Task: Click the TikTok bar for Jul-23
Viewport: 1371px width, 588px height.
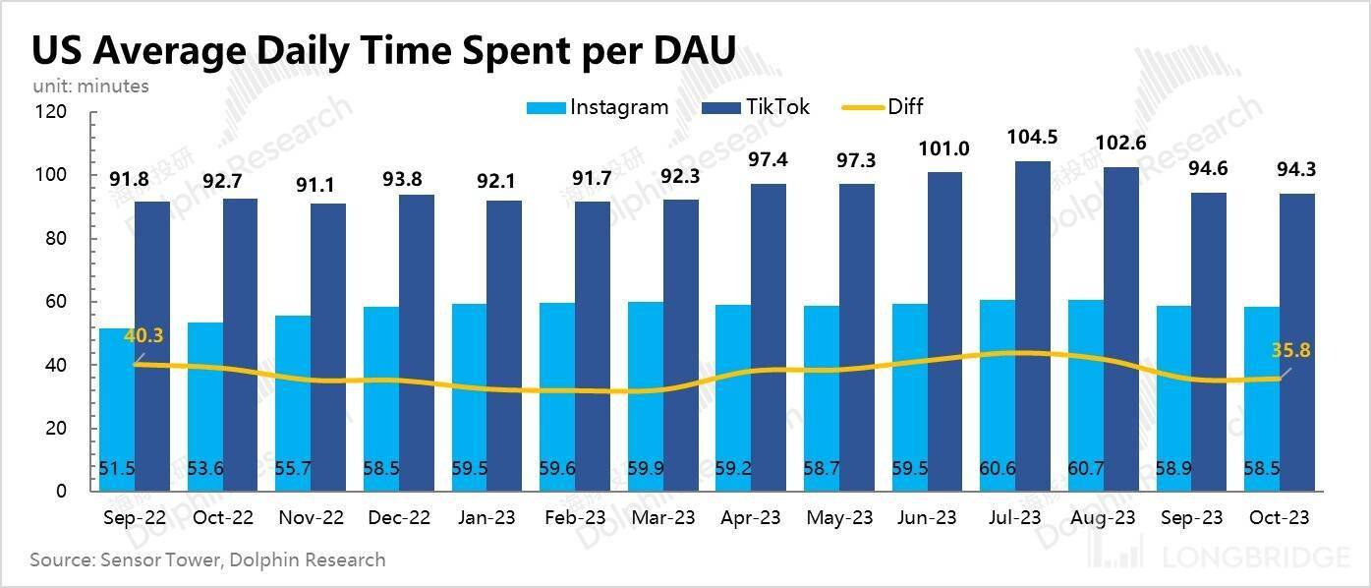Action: click(1033, 324)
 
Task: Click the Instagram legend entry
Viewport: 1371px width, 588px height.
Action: click(598, 107)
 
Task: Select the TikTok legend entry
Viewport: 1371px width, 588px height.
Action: click(757, 107)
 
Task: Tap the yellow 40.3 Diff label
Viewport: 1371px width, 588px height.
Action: click(143, 336)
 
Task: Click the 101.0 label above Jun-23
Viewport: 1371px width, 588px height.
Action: click(944, 148)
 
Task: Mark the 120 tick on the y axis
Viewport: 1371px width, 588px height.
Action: click(50, 112)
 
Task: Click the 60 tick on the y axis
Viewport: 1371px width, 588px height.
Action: click(55, 302)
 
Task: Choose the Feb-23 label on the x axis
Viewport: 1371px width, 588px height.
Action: click(573, 517)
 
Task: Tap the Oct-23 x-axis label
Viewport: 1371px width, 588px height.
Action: click(1278, 517)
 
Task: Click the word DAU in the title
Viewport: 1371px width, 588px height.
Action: click(686, 50)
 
